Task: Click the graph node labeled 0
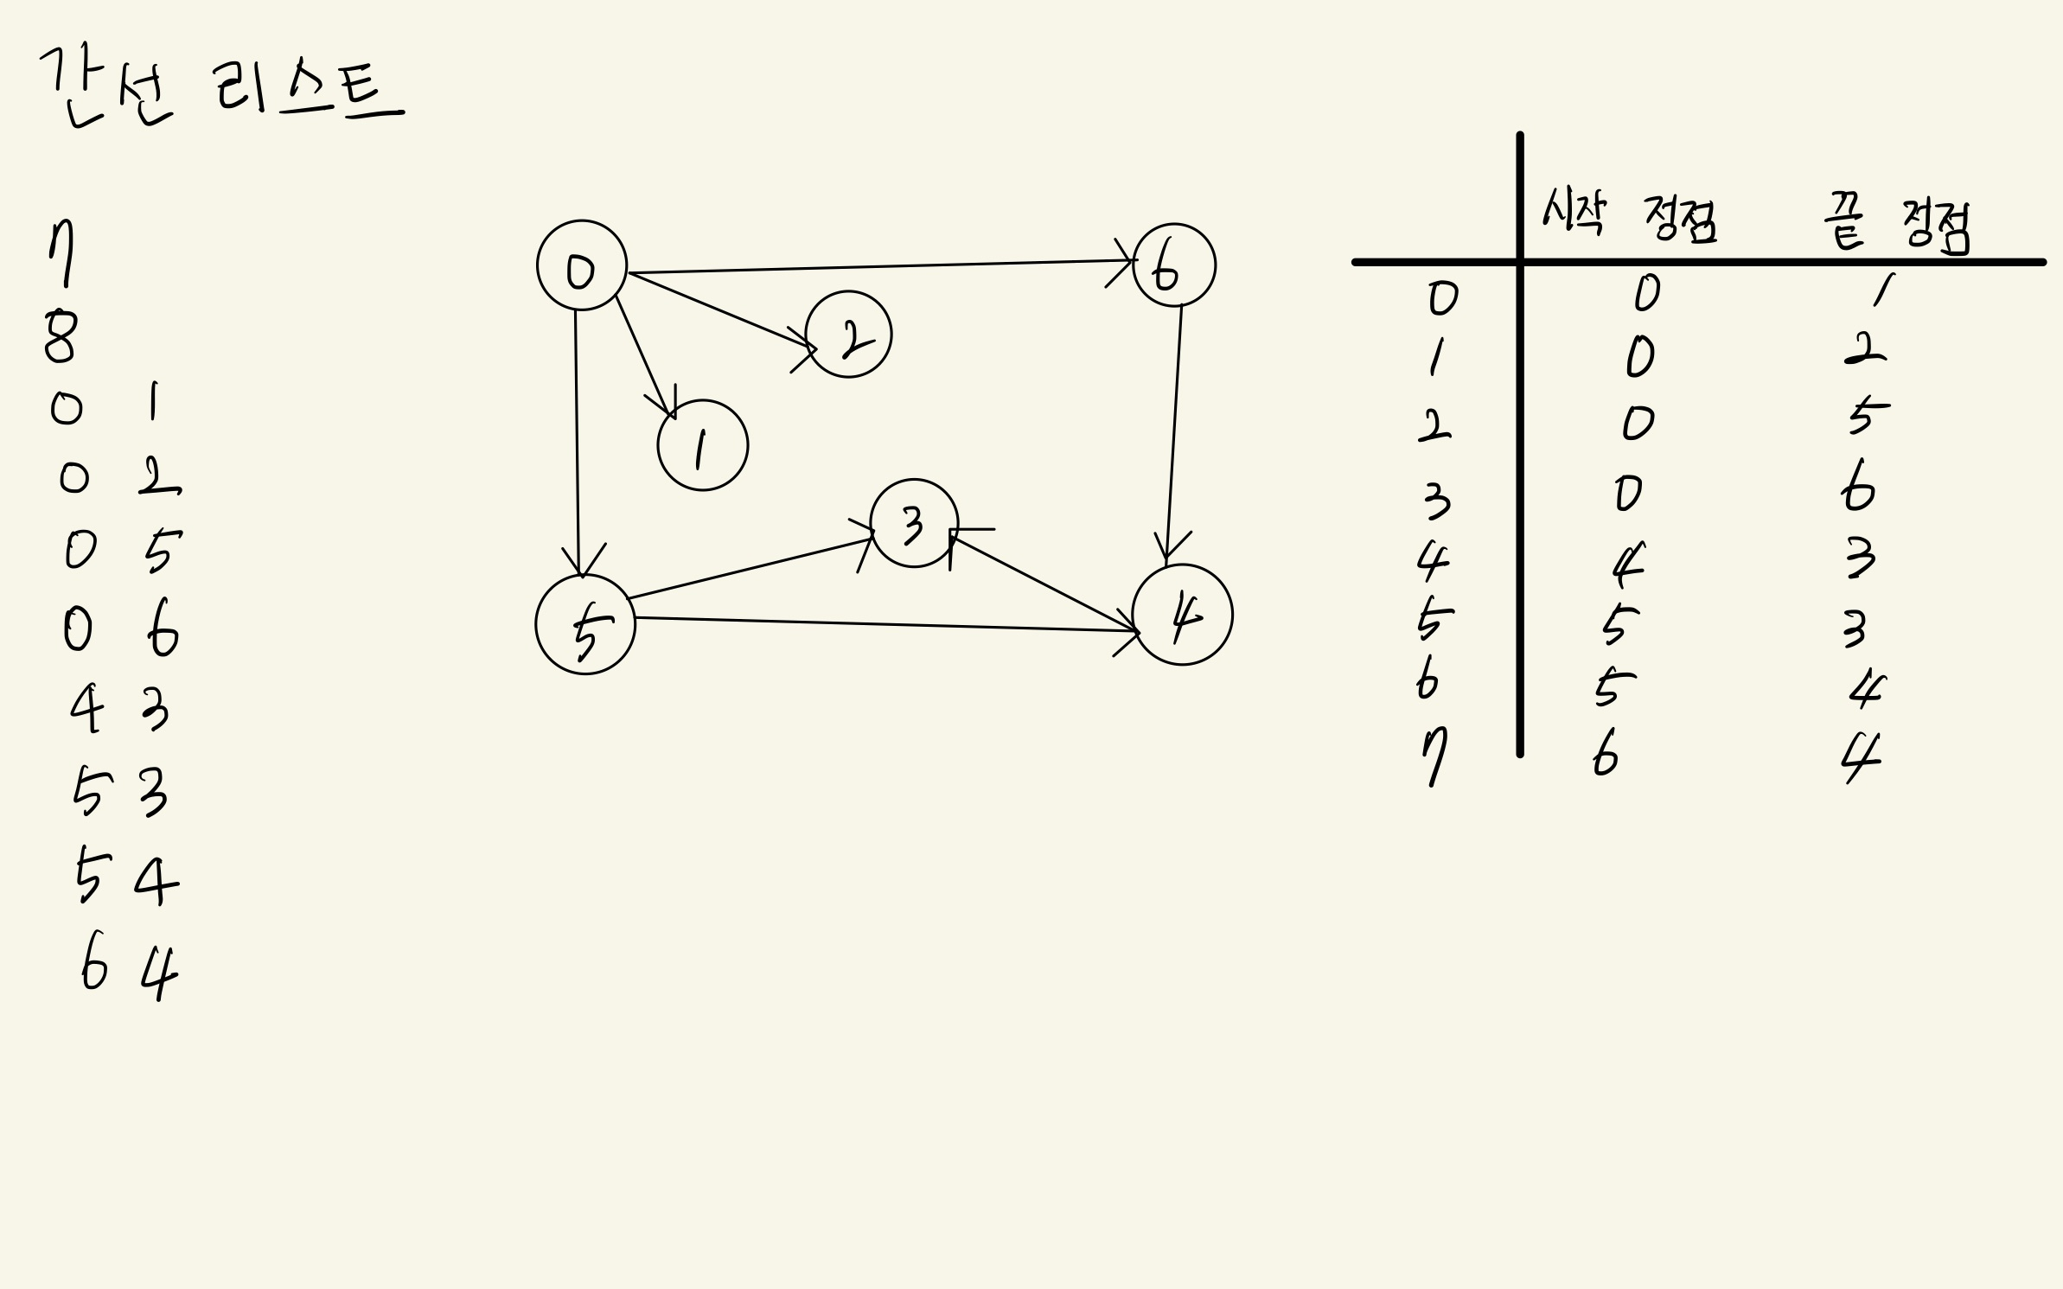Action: [x=581, y=265]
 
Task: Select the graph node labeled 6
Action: [x=1173, y=265]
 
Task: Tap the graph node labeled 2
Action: [x=848, y=334]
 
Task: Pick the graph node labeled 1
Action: [x=702, y=445]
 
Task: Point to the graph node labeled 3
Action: [x=914, y=523]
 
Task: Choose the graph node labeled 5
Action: [x=585, y=624]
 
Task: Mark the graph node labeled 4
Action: [x=1182, y=615]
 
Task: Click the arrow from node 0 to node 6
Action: [x=878, y=266]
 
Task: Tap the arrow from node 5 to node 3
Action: [x=750, y=569]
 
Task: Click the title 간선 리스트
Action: [x=220, y=86]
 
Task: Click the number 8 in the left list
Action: [x=61, y=337]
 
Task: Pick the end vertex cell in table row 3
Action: [x=1857, y=488]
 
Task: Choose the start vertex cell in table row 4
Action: [x=1627, y=565]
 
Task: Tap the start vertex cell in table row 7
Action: [x=1605, y=756]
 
